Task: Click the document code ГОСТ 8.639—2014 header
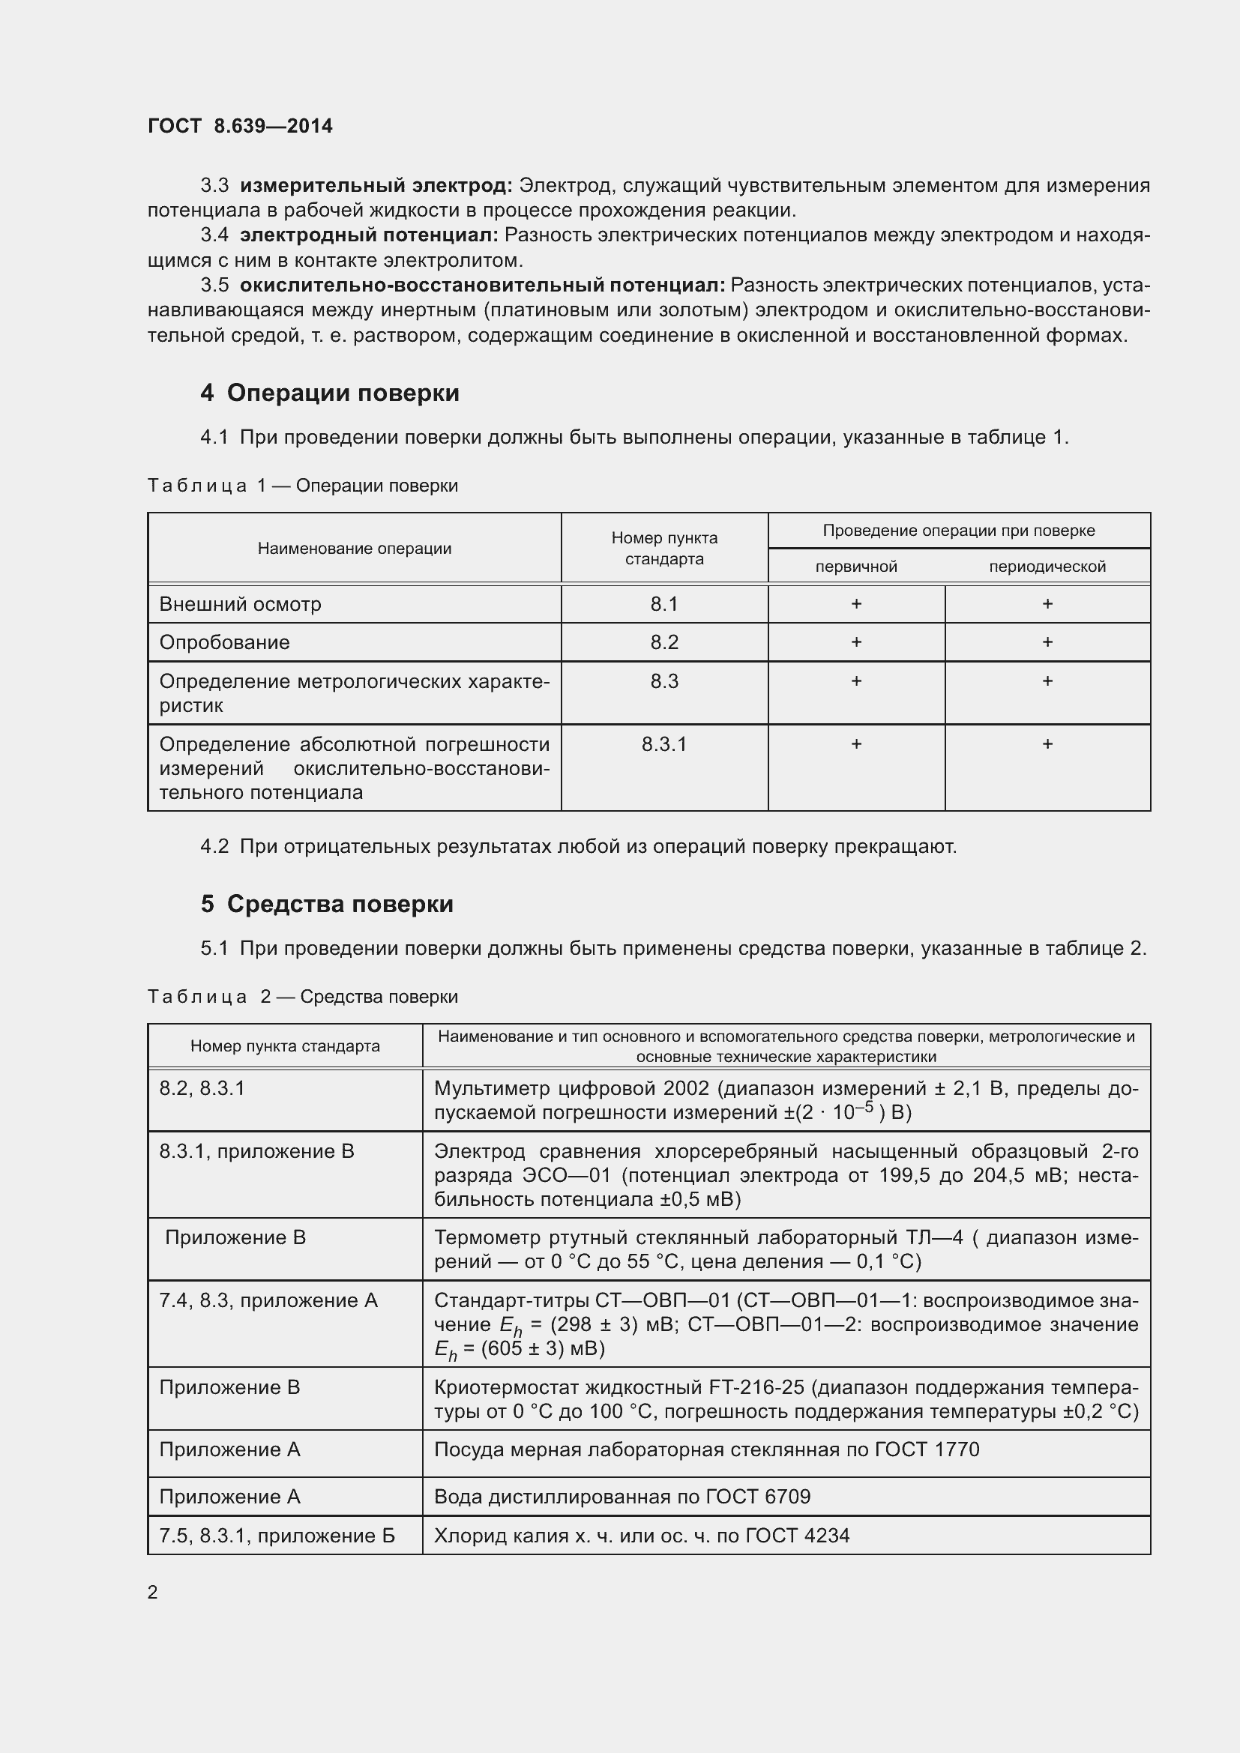pyautogui.click(x=240, y=126)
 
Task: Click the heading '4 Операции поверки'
pyautogui.click(x=330, y=393)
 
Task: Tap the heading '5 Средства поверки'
pyautogui.click(x=327, y=904)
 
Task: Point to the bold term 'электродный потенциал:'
pyautogui.click(x=369, y=235)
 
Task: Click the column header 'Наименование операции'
pyautogui.click(x=355, y=548)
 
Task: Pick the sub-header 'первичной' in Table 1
pyautogui.click(x=856, y=567)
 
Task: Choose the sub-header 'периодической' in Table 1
pyautogui.click(x=1047, y=567)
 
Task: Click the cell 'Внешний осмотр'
pyautogui.click(x=241, y=604)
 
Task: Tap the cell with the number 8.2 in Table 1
pyautogui.click(x=664, y=642)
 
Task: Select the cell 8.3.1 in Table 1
pyautogui.click(x=664, y=743)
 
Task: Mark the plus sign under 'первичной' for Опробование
pyautogui.click(x=856, y=642)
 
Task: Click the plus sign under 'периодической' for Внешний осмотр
pyautogui.click(x=1047, y=604)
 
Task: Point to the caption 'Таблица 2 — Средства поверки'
pyautogui.click(x=302, y=996)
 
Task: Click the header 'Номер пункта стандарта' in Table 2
pyautogui.click(x=285, y=1046)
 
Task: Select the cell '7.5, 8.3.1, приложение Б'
pyautogui.click(x=277, y=1536)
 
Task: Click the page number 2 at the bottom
pyautogui.click(x=153, y=1593)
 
